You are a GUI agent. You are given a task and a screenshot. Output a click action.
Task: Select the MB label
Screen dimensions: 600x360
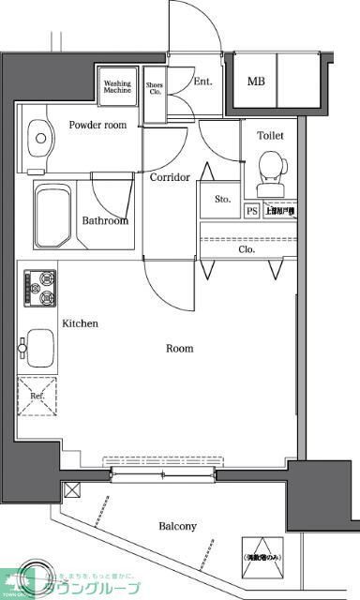coord(256,81)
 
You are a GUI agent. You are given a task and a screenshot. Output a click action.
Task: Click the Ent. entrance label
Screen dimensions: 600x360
coord(202,81)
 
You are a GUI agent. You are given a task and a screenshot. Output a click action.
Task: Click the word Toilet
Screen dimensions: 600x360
coord(270,136)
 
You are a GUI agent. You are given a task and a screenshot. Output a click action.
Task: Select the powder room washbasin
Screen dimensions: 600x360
coord(40,138)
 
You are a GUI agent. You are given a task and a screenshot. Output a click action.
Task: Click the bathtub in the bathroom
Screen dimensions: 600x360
coord(53,212)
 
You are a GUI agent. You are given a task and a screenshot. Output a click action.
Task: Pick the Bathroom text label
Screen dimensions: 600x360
coord(104,221)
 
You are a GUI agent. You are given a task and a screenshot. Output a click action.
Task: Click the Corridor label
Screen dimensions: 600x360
coord(170,177)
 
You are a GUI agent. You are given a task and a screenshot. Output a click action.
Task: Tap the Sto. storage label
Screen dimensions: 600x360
coord(222,199)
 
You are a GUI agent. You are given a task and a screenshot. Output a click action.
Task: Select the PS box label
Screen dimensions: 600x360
coord(251,211)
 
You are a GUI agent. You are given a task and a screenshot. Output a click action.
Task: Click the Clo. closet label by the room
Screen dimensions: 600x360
coord(247,249)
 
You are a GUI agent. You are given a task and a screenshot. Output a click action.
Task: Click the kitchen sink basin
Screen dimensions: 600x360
coord(39,347)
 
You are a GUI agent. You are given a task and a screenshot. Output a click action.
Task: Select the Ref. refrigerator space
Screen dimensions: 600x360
coord(37,397)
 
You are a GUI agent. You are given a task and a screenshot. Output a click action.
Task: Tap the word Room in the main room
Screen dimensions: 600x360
coord(179,349)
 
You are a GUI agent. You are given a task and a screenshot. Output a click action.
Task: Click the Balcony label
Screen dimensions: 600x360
coord(177,526)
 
